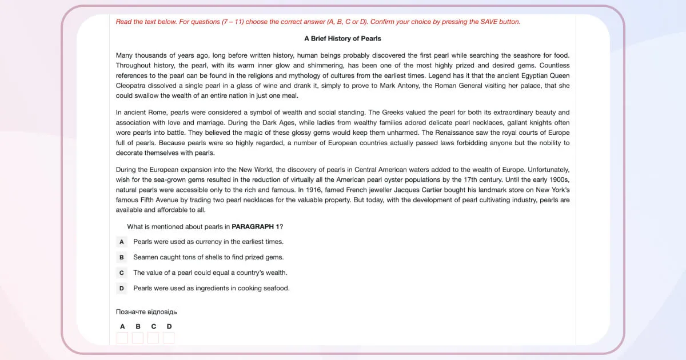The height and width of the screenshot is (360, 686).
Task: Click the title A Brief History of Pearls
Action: pyautogui.click(x=342, y=38)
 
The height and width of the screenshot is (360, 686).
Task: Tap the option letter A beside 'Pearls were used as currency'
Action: pyautogui.click(x=122, y=242)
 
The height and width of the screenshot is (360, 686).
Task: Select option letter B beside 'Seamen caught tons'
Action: pyautogui.click(x=122, y=257)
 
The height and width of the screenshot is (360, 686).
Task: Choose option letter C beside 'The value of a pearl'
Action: pyautogui.click(x=122, y=273)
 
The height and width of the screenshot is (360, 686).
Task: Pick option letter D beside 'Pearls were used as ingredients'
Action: pyautogui.click(x=122, y=288)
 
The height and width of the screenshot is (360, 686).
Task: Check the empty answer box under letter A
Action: pyautogui.click(x=122, y=338)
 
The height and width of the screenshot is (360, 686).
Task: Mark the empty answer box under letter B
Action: pyautogui.click(x=138, y=338)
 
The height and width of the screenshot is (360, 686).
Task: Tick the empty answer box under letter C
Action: pyautogui.click(x=153, y=338)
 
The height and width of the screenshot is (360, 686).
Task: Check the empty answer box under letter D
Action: pyautogui.click(x=169, y=338)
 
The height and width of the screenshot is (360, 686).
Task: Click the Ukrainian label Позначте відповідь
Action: pyautogui.click(x=146, y=311)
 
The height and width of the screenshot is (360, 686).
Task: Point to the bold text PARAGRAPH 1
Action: pyautogui.click(x=256, y=227)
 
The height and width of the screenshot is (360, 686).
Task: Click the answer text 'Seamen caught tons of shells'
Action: pyautogui.click(x=208, y=257)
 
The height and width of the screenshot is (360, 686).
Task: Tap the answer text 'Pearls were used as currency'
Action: pyautogui.click(x=208, y=242)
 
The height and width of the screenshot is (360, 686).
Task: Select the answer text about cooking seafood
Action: pyautogui.click(x=212, y=288)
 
